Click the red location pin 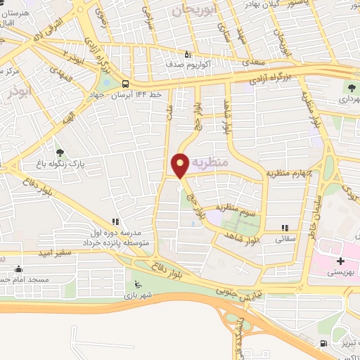point(180,165)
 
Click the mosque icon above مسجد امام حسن point(17,269)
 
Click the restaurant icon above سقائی point(285,228)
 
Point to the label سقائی point(285,238)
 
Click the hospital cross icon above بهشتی point(340,262)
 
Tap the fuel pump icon point(323,344)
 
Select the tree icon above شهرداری point(352,88)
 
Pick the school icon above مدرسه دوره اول point(132,221)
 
